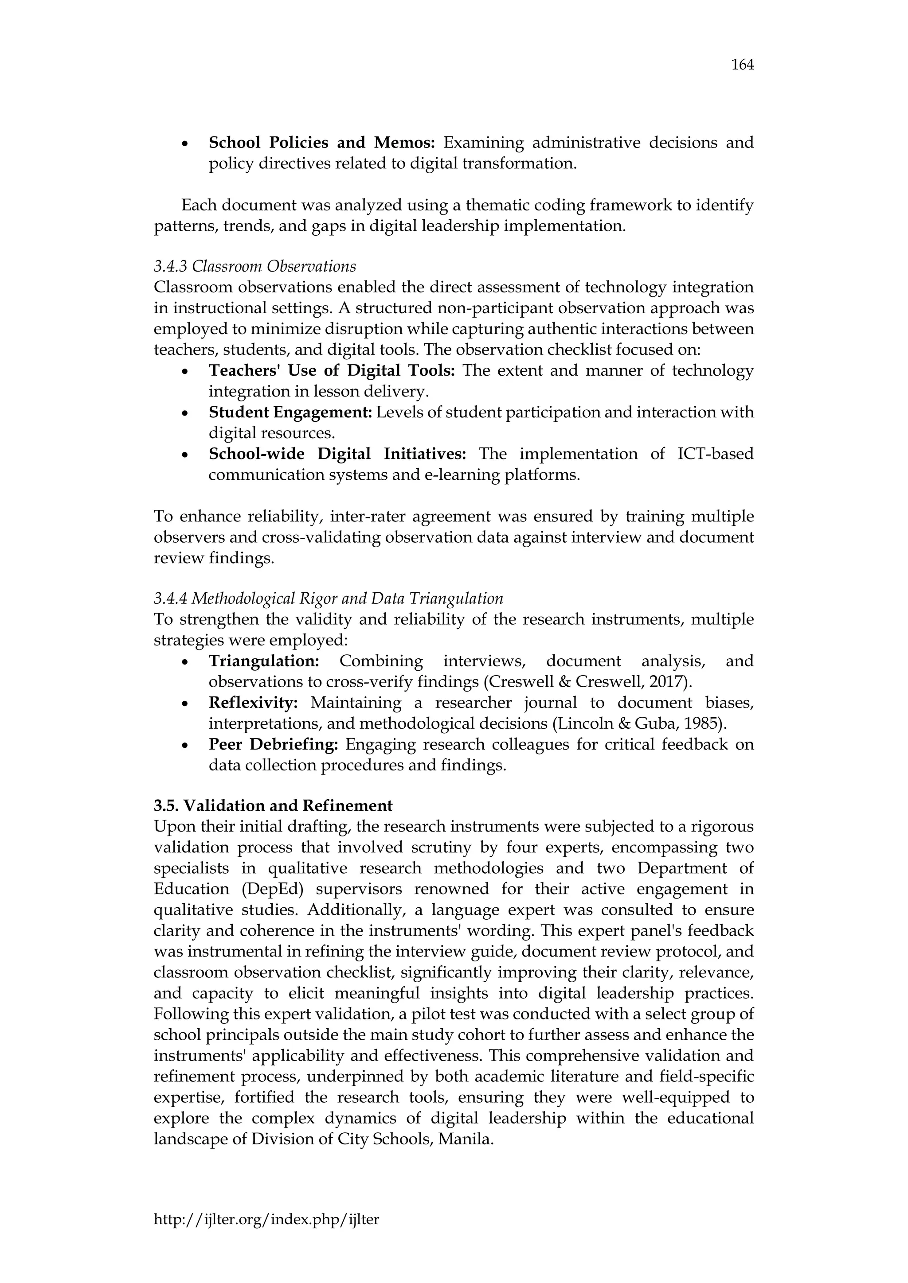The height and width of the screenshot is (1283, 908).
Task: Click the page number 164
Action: (x=742, y=66)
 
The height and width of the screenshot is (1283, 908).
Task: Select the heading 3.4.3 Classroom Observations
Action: (x=254, y=267)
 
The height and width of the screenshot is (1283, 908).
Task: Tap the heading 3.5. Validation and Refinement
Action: (x=273, y=806)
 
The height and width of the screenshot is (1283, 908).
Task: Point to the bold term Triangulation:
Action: (x=263, y=661)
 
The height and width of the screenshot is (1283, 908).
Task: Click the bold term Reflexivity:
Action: (x=253, y=703)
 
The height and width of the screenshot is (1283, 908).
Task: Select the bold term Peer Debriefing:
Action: (x=274, y=744)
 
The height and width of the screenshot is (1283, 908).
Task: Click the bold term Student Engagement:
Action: (x=290, y=412)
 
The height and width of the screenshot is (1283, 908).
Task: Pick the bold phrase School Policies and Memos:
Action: (x=321, y=143)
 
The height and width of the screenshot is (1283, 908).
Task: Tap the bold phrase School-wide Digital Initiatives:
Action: (x=337, y=454)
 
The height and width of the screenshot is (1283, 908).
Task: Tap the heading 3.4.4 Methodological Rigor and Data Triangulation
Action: (x=328, y=599)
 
